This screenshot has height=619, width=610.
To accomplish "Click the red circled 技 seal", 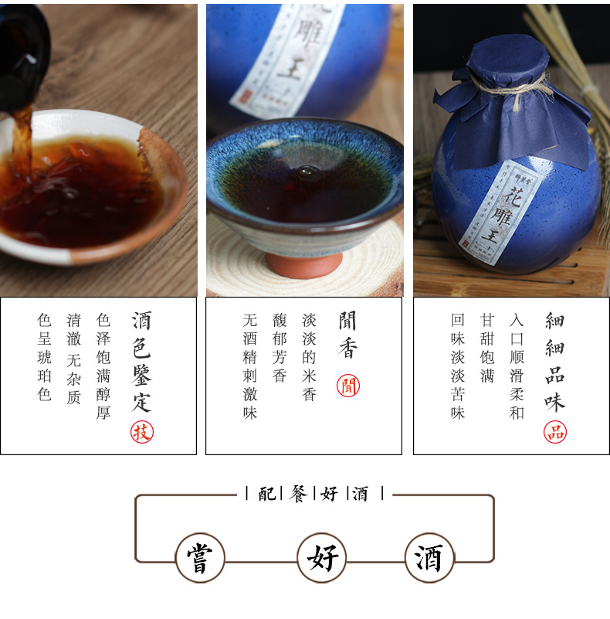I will tap(141, 432).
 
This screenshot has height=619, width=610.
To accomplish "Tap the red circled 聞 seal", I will tap(348, 386).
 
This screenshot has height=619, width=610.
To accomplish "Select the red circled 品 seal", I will tap(554, 431).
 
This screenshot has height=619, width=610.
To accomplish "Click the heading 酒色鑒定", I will tap(141, 361).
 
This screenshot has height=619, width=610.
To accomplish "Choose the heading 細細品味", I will tap(554, 360).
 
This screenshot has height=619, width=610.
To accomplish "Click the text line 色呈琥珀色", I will tap(45, 356).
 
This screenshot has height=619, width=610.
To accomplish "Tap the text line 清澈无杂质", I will tap(74, 356).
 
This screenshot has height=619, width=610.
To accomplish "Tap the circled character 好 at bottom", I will tap(321, 557).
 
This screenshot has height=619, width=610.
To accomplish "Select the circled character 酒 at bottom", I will tap(429, 557).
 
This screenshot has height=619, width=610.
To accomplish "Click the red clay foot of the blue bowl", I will tap(305, 262).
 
